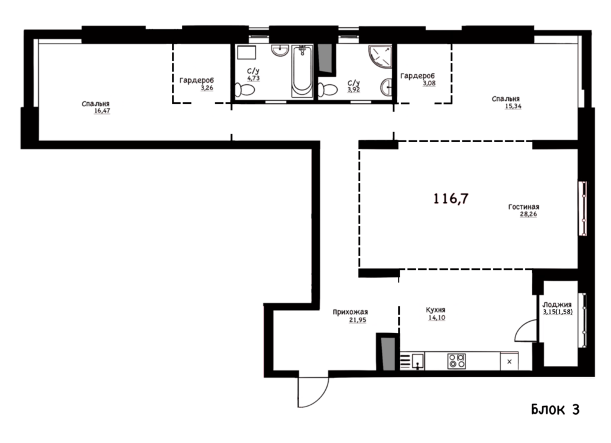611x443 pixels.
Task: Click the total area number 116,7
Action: [x=451, y=198]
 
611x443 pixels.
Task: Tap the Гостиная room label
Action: [x=523, y=207]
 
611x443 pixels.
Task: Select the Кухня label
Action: [x=435, y=310]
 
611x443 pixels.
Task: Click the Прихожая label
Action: [x=350, y=312]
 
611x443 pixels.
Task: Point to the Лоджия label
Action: [x=557, y=304]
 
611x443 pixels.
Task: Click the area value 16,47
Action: [x=101, y=111]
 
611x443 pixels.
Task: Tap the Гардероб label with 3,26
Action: [x=196, y=81]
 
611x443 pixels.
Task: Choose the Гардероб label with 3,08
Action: [x=417, y=76]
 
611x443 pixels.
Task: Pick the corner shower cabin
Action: [x=380, y=56]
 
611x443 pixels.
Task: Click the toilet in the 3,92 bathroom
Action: [x=328, y=90]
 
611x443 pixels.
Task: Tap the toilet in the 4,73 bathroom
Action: [x=245, y=90]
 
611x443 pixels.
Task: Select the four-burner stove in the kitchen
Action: [x=456, y=361]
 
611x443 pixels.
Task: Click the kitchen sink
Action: [x=417, y=361]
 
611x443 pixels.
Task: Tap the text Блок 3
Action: [x=556, y=409]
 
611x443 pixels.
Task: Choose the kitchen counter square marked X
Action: [x=510, y=361]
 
